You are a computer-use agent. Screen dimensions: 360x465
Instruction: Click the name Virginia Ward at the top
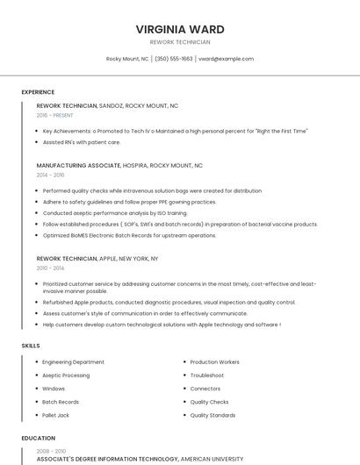[180, 29]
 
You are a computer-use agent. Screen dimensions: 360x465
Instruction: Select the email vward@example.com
[226, 59]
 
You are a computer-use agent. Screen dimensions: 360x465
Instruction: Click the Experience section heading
[38, 92]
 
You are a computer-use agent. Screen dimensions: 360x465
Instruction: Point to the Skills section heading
[31, 346]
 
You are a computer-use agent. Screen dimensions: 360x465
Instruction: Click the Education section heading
[38, 438]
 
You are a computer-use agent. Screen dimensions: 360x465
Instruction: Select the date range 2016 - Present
[55, 115]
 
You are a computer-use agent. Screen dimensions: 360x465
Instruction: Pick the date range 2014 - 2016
[50, 175]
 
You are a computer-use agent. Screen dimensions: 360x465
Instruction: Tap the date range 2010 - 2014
[50, 268]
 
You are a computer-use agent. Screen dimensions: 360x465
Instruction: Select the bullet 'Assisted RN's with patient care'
[82, 142]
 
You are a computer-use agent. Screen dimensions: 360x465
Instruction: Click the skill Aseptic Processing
[66, 376]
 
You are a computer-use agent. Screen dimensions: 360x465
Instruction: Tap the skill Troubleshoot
[207, 376]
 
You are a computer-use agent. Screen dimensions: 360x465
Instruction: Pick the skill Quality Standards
[212, 415]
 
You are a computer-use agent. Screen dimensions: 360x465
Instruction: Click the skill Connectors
[205, 389]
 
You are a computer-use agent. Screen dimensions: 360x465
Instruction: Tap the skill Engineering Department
[73, 362]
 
